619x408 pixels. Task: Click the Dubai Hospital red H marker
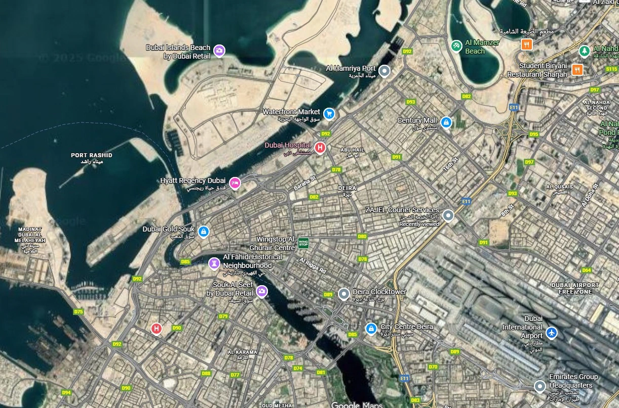click(x=320, y=148)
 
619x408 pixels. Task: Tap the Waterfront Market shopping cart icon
click(x=329, y=114)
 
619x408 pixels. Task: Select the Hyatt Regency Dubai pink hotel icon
click(x=235, y=183)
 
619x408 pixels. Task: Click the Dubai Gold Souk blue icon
click(x=203, y=232)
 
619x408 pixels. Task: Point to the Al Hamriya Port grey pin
click(x=384, y=71)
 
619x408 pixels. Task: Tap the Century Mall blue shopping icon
click(x=446, y=122)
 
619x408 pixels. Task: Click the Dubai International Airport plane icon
click(x=552, y=333)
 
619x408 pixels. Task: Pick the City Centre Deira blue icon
click(x=371, y=329)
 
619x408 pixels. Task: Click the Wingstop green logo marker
click(x=303, y=243)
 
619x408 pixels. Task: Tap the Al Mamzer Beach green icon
click(x=456, y=46)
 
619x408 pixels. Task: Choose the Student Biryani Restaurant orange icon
click(x=576, y=69)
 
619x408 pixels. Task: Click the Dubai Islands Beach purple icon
click(x=219, y=50)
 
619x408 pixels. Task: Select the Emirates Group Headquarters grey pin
click(x=540, y=386)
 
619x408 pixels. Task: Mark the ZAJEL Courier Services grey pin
click(x=448, y=216)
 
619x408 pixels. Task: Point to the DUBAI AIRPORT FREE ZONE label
click(x=575, y=288)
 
